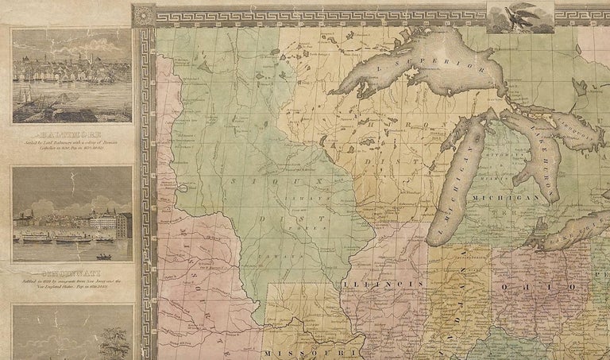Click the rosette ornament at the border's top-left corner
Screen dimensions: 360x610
144,14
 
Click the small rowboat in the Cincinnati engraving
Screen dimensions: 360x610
104,256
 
